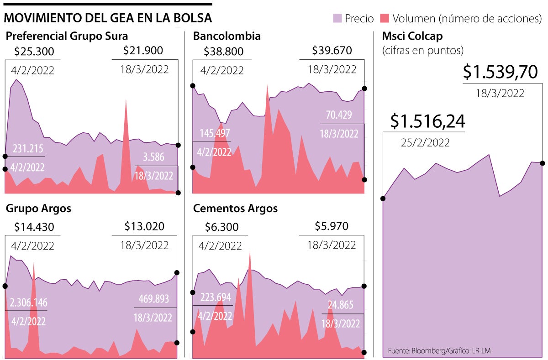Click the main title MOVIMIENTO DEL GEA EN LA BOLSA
pos(108,18)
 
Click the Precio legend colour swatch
pos(337,19)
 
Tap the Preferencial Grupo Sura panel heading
pos(67,36)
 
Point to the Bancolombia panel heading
pos(227,36)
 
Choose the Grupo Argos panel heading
pos(38,209)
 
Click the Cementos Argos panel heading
pos(235,209)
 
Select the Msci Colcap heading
pos(412,37)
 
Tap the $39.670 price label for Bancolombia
pos(332,51)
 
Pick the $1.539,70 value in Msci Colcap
pos(500,73)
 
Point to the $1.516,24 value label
pos(428,121)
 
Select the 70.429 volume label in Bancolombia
pos(339,115)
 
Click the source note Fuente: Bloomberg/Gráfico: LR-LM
pos(439,350)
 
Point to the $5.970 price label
pos(332,226)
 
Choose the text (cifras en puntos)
pos(423,50)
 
